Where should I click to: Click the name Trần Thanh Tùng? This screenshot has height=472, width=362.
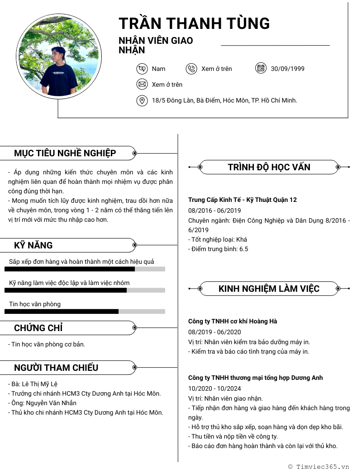[x=194, y=23]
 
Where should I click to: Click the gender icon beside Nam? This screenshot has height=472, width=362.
[x=142, y=69]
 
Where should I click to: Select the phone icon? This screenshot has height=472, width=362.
[x=191, y=69]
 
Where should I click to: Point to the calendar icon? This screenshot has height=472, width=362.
[x=261, y=69]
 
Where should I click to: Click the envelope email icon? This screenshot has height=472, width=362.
[x=142, y=84]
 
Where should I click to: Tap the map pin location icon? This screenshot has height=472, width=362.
[x=142, y=100]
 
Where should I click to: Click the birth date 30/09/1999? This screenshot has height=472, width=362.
[x=288, y=69]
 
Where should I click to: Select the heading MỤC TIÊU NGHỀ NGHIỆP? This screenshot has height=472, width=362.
[x=65, y=153]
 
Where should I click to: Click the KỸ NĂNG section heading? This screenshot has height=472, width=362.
[x=33, y=245]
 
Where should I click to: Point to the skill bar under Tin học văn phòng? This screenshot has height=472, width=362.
[x=85, y=311]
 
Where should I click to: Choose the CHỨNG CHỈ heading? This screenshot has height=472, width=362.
[x=38, y=328]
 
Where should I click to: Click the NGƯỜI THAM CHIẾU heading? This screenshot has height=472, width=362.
[x=56, y=368]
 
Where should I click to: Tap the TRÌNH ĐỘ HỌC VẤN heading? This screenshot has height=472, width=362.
[x=269, y=167]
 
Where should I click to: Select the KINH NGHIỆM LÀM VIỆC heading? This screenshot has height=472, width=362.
[x=269, y=289]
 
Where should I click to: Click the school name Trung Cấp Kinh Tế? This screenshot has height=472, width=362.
[x=243, y=200]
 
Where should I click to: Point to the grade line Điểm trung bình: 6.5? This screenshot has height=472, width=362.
[x=218, y=249]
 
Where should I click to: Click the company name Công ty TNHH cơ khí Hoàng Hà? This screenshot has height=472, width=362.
[x=233, y=321]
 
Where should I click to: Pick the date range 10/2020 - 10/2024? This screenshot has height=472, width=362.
[x=214, y=388]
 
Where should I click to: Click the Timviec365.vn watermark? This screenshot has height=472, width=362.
[x=319, y=467]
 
